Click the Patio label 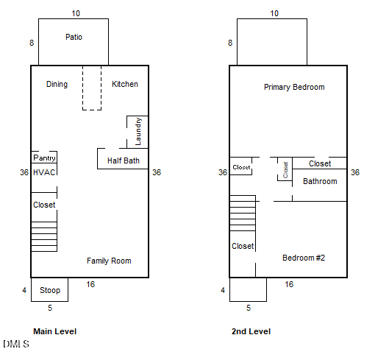pyautogui.click(x=74, y=37)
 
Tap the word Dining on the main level pyautogui.click(x=57, y=84)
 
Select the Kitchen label pyautogui.click(x=125, y=84)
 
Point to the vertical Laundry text pyautogui.click(x=138, y=132)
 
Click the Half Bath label pyautogui.click(x=124, y=160)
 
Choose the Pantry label pyautogui.click(x=44, y=158)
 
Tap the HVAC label pyautogui.click(x=44, y=172)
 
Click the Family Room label pyautogui.click(x=109, y=261)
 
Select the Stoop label pyautogui.click(x=50, y=290)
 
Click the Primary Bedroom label pyautogui.click(x=294, y=87)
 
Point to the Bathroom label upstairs pyautogui.click(x=320, y=181)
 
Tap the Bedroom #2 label pyautogui.click(x=304, y=258)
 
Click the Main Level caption pyautogui.click(x=55, y=331)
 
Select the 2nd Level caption pyautogui.click(x=251, y=331)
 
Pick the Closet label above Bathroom pyautogui.click(x=320, y=163)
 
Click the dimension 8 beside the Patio pyautogui.click(x=32, y=43)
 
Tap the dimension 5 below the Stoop pyautogui.click(x=50, y=308)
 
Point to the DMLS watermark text pyautogui.click(x=16, y=344)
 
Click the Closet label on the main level pyautogui.click(x=44, y=205)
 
